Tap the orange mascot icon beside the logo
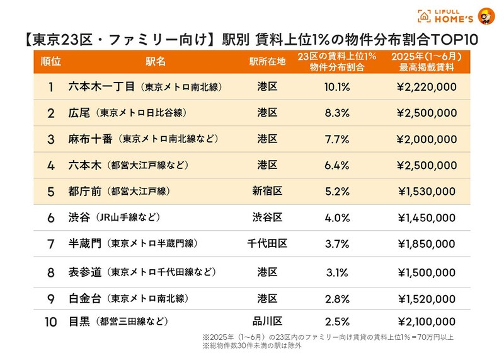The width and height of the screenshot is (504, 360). point(486,16)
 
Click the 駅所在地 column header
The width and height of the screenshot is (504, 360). point(267,61)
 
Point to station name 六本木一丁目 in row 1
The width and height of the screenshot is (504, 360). point(101,86)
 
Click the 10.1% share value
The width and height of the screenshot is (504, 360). point(337,86)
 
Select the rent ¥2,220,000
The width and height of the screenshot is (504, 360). point(427,86)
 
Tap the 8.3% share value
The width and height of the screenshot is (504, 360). point(337,113)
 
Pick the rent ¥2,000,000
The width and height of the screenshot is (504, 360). point(427,139)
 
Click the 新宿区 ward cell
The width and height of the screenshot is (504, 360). point(267,190)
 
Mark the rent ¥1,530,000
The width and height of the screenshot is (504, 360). point(427,190)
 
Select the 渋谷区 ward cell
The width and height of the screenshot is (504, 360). point(267,217)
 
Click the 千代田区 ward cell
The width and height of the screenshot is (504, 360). point(267,243)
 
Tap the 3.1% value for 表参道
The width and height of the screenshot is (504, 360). point(337,272)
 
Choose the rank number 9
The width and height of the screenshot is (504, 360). point(51,298)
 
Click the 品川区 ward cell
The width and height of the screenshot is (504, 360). point(267,322)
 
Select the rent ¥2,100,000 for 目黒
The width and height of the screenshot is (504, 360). point(427,322)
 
